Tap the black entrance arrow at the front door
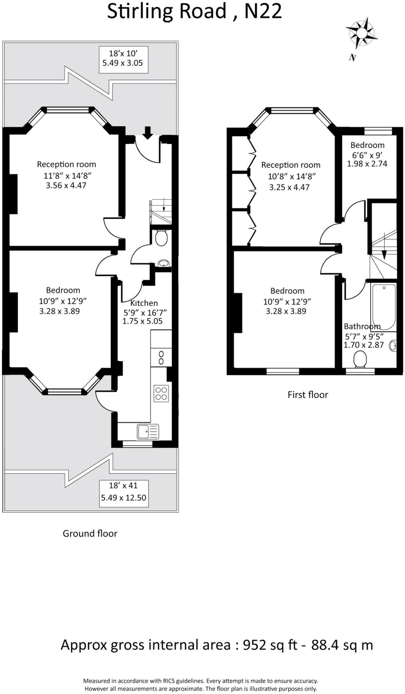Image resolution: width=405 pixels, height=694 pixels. (x=147, y=132)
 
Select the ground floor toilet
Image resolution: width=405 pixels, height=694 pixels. (x=161, y=238)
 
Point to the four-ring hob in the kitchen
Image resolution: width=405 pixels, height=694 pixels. (x=161, y=393)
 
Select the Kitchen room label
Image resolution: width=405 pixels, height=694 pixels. (x=144, y=303)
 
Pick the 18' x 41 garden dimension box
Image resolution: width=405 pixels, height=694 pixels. (x=124, y=493)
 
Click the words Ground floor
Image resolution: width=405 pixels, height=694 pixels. (x=90, y=533)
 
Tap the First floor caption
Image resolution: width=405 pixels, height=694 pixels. (x=308, y=395)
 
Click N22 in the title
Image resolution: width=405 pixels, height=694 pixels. (x=263, y=12)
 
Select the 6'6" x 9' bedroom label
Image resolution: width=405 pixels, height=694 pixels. (x=367, y=155)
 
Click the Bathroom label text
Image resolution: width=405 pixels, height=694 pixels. (x=362, y=326)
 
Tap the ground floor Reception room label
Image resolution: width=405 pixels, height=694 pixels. (x=66, y=164)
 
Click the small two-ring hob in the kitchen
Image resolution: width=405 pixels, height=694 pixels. (x=161, y=358)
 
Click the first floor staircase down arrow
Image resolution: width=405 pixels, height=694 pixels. (x=384, y=254)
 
